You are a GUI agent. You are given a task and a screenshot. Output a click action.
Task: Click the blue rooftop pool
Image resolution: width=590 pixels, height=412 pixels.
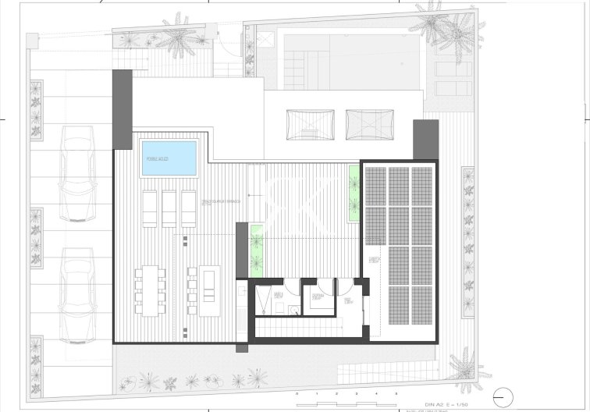click(x=169, y=158)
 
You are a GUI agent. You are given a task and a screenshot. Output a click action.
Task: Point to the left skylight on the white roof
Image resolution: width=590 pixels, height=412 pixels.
click(x=303, y=125)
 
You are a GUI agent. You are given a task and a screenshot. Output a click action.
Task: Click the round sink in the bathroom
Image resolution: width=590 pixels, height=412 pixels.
click(x=292, y=311)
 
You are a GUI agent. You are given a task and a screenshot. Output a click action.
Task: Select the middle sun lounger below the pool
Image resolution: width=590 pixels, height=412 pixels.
click(x=170, y=208)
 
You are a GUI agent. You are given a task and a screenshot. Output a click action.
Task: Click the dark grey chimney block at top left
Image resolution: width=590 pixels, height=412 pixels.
click(x=123, y=108)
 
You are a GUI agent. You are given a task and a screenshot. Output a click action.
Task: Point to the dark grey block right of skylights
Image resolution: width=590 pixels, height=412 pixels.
click(x=426, y=139)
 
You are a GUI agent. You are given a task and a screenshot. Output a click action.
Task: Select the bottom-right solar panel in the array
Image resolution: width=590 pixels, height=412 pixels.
click(x=421, y=306)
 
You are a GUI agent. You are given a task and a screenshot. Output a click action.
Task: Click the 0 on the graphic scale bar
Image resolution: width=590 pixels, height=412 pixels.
click(x=297, y=393)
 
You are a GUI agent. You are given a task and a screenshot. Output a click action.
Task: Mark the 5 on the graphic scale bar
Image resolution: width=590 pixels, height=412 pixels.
click(x=396, y=393)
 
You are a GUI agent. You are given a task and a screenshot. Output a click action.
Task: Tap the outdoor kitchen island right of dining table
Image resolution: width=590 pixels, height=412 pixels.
click(x=209, y=290)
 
